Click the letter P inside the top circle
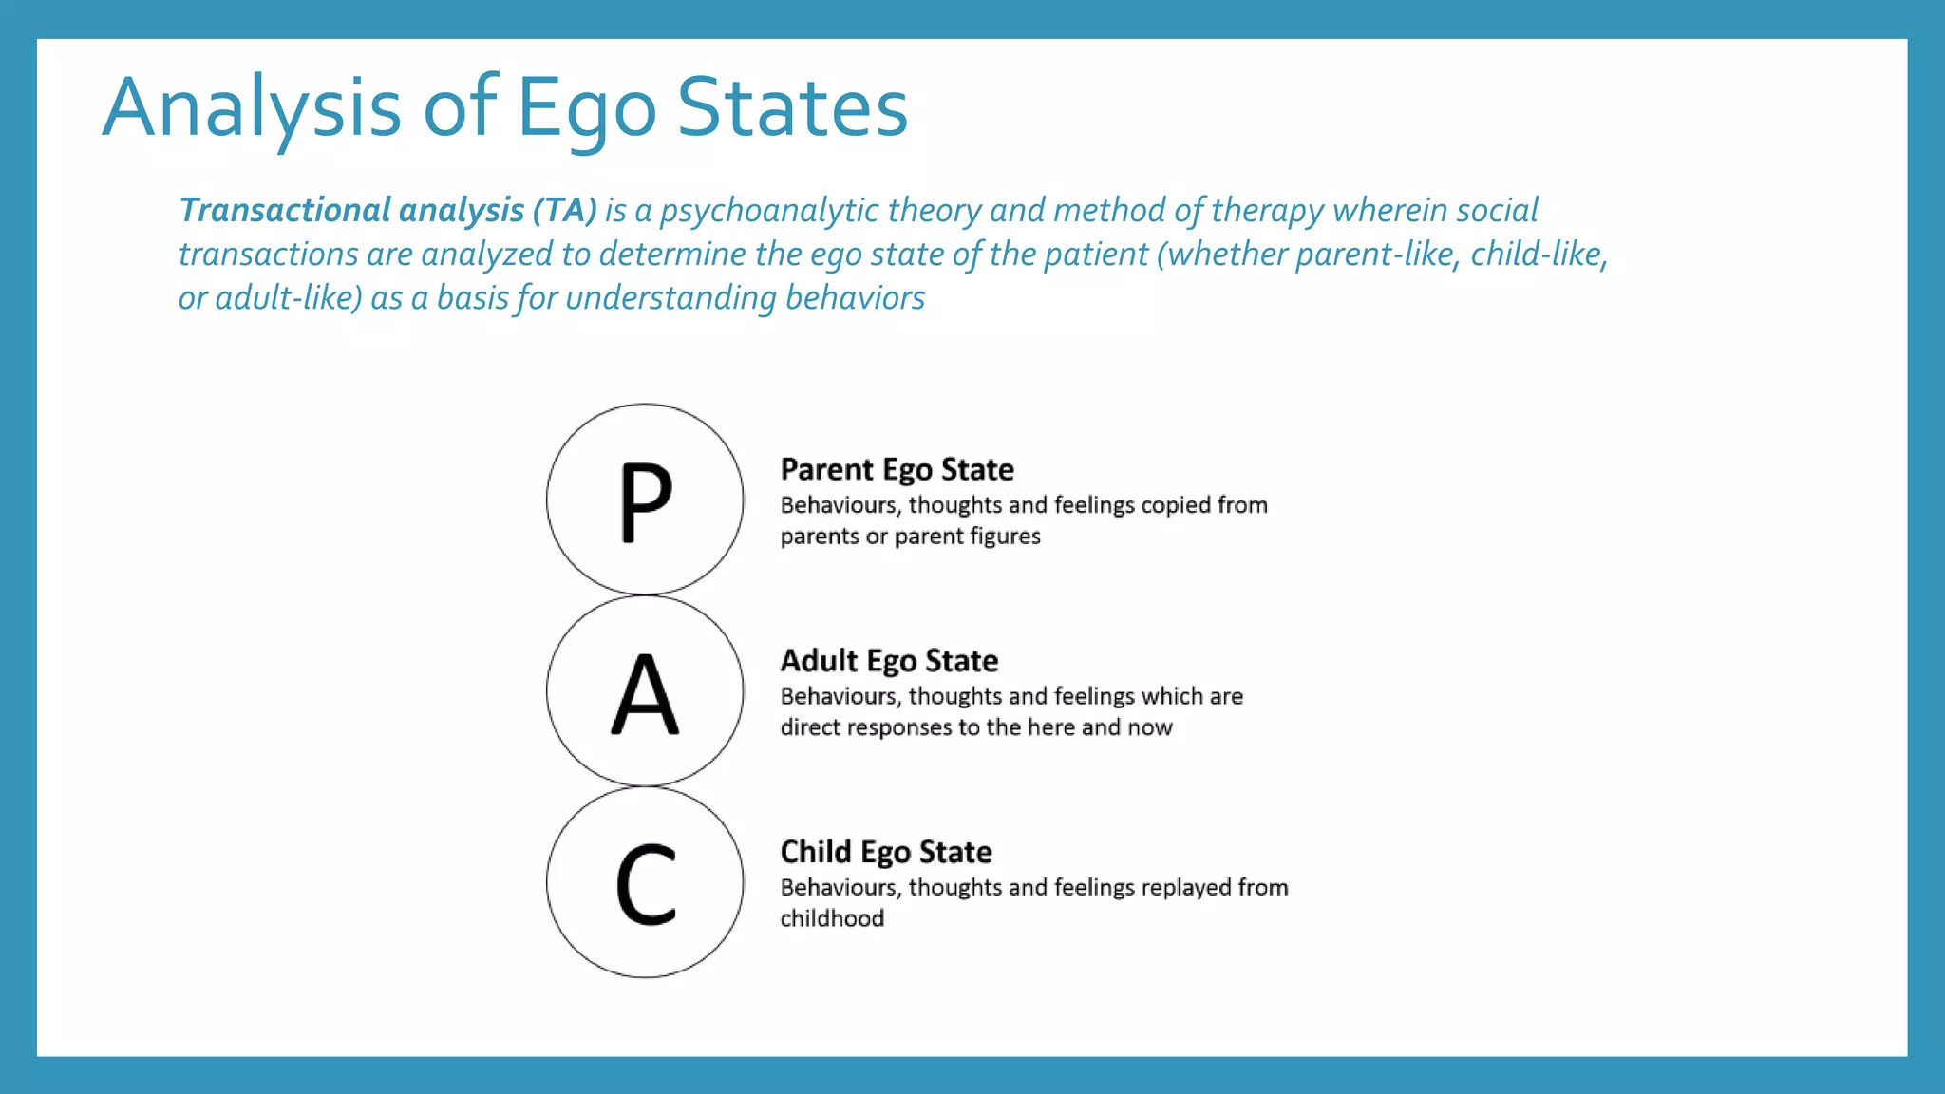646,501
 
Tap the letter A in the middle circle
645,694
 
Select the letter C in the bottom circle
646,884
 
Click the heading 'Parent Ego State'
897,470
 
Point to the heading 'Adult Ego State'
889,661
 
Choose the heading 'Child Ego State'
886,852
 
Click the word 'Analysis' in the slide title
252,107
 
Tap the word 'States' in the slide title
792,107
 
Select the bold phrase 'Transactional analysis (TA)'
387,210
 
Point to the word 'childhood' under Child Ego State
832,918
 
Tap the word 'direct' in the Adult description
810,727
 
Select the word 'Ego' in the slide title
586,107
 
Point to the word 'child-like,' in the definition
1539,255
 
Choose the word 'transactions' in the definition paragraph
268,255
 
